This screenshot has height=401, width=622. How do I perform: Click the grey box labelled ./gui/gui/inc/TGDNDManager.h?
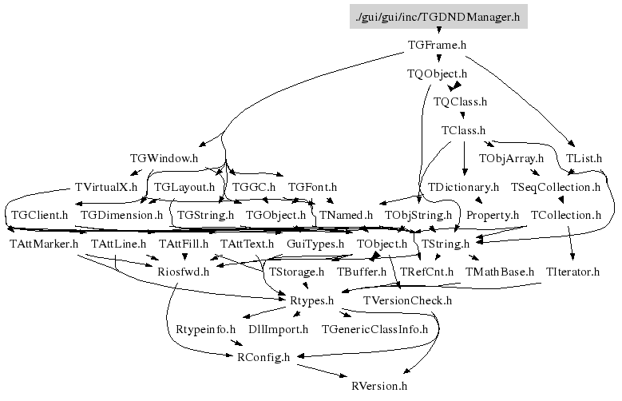438,15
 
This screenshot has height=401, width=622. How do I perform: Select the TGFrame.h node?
436,46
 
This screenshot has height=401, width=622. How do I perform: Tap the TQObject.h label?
437,74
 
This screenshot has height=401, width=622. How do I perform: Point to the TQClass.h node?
460,102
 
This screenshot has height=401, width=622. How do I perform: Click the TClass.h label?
463,130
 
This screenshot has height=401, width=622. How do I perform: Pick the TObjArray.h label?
511,158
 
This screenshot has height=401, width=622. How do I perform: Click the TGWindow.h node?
164,158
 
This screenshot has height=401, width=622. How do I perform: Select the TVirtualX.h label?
106,187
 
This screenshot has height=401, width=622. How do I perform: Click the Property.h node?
493,215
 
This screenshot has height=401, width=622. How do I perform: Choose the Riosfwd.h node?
183,272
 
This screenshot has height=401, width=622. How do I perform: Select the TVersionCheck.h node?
407,300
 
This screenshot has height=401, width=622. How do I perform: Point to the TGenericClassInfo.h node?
374,328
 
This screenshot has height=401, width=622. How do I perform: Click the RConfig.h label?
263,356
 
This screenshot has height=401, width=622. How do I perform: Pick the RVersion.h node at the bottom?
379,385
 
